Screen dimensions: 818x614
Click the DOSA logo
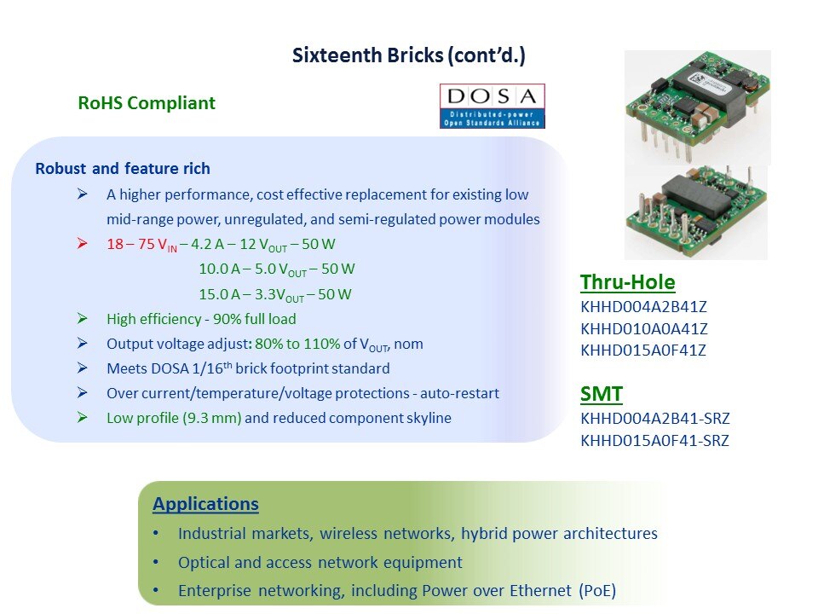click(492, 106)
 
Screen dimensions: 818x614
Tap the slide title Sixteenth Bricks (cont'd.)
click(408, 55)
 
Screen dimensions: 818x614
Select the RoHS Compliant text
click(147, 103)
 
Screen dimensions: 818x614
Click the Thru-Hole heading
click(628, 282)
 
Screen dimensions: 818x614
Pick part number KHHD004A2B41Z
click(644, 306)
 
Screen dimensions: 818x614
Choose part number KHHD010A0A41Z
click(644, 329)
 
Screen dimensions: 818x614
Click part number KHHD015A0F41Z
click(643, 350)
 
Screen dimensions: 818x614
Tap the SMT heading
click(602, 394)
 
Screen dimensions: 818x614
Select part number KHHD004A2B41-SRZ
click(655, 418)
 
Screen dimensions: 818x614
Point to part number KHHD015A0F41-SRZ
click(654, 441)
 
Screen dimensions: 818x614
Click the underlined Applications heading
click(205, 504)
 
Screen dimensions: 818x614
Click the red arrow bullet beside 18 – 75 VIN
click(83, 243)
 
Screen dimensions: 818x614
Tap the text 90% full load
click(254, 319)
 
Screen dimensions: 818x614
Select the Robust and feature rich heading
click(123, 169)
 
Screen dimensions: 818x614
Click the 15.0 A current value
click(220, 294)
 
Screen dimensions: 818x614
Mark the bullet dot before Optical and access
click(156, 562)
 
